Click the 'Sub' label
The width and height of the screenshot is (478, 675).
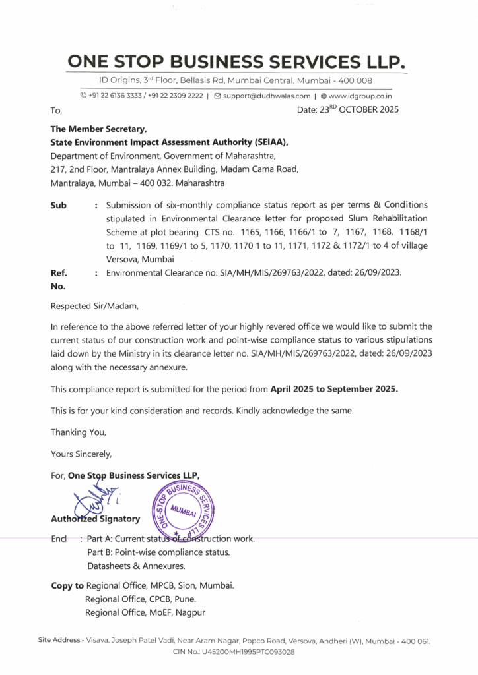tap(59, 205)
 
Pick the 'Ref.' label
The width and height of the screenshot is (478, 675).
tap(59, 272)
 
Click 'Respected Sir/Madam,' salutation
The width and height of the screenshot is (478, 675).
tap(96, 306)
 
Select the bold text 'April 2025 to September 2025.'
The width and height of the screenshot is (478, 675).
tap(334, 389)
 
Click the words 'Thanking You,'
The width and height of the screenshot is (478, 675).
tap(78, 432)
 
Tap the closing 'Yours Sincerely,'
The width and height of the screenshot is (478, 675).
tap(81, 454)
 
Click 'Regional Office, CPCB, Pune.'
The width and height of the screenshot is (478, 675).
tap(140, 599)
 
